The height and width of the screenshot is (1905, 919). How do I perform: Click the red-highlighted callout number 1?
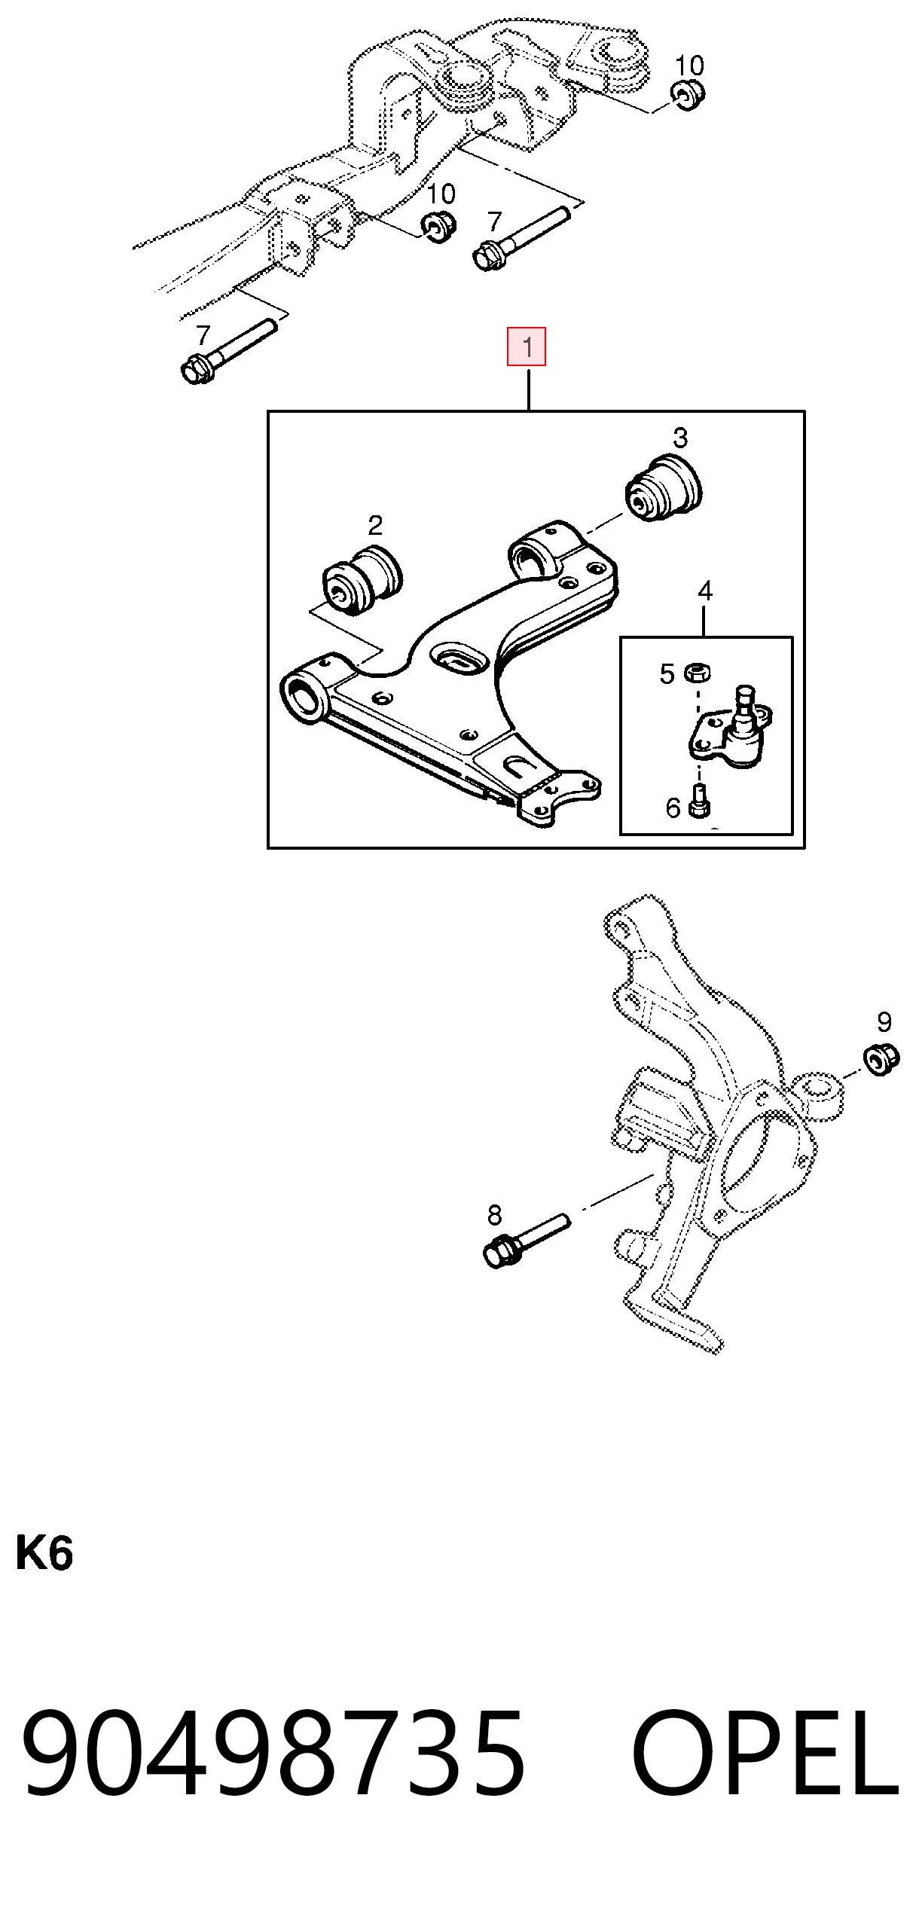click(527, 347)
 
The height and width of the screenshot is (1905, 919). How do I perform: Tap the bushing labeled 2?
click(362, 580)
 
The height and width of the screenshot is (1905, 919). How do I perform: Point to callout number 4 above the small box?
click(705, 591)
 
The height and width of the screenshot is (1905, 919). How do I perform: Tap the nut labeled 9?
click(881, 1059)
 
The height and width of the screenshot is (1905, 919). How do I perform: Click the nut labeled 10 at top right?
click(687, 96)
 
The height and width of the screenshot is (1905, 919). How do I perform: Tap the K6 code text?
click(44, 1553)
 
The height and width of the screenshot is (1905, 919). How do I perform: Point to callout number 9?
click(884, 1022)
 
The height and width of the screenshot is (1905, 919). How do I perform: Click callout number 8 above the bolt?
click(494, 1214)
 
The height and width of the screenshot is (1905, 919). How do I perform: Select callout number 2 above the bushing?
click(375, 524)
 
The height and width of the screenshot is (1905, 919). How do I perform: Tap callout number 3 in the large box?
click(680, 438)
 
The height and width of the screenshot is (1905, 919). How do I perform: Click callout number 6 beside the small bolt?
click(673, 808)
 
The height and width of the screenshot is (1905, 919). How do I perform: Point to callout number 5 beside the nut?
click(667, 673)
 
